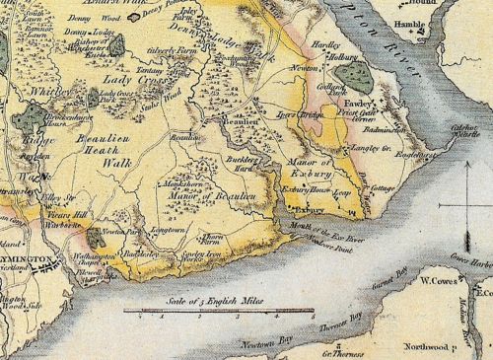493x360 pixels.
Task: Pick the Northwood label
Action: (419, 347)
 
